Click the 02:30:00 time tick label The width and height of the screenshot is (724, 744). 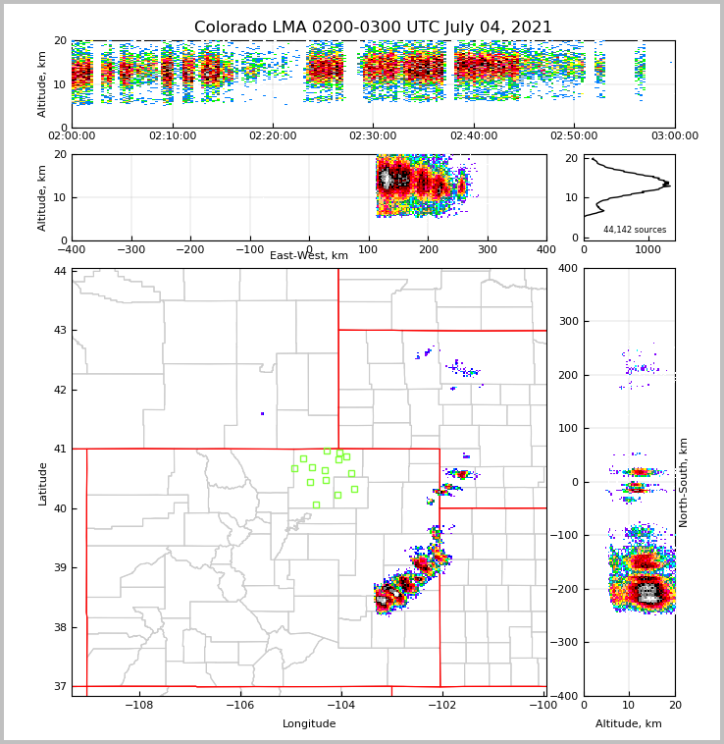[373, 136]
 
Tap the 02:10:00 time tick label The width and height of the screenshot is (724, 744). [173, 136]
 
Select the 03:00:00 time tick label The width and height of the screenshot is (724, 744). [675, 136]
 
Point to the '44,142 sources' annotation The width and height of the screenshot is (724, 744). [635, 230]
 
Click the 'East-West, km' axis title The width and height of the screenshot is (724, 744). [309, 256]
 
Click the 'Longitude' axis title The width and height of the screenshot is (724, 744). [309, 724]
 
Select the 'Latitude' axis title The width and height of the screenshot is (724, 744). [43, 483]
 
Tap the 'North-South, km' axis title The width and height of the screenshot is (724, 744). [684, 482]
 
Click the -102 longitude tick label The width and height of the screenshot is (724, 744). [440, 705]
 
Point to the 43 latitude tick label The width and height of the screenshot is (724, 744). [60, 330]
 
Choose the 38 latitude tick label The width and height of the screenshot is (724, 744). [60, 627]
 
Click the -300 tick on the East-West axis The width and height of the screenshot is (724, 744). [130, 249]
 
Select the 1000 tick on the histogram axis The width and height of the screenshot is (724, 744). [648, 249]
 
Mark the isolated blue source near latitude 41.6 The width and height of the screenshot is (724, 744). [262, 413]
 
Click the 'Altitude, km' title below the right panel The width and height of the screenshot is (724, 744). [629, 724]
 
